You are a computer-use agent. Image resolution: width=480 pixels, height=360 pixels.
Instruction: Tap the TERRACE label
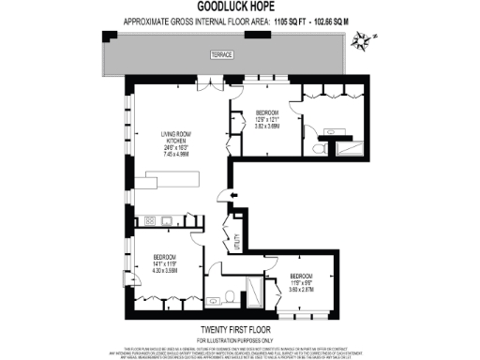[222, 54]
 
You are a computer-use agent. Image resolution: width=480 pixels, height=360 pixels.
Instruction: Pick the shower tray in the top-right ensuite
[348, 148]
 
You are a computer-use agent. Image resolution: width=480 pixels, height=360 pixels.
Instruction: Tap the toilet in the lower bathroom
[230, 299]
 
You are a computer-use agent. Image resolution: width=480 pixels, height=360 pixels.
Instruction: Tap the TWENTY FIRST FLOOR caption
[239, 329]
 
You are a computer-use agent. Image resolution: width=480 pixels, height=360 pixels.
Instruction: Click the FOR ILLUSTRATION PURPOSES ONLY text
[239, 338]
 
